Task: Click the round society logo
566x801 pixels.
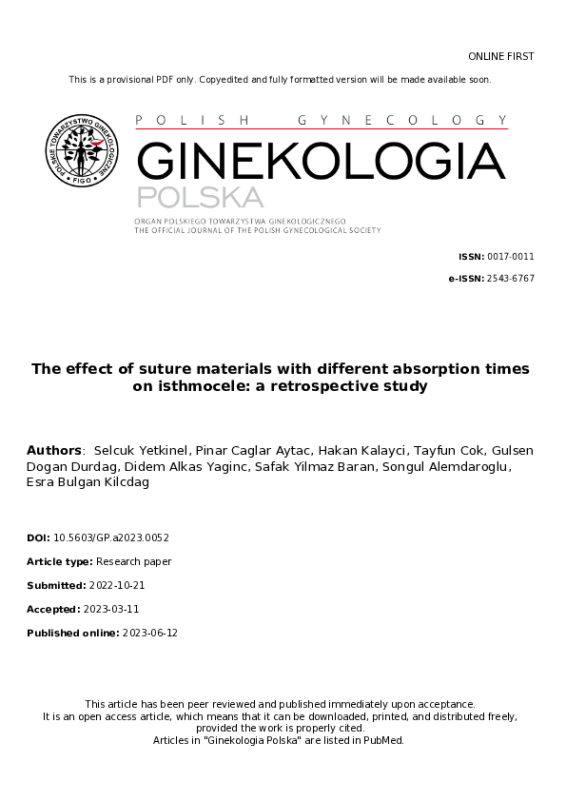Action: point(84,150)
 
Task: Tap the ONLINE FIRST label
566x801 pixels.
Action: point(501,57)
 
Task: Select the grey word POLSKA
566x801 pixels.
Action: point(199,198)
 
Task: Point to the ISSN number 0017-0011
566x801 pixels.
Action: point(511,257)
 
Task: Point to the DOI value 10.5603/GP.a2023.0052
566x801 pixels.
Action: point(111,537)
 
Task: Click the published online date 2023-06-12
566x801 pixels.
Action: point(145,633)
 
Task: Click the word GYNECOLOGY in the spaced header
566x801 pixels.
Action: point(402,121)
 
